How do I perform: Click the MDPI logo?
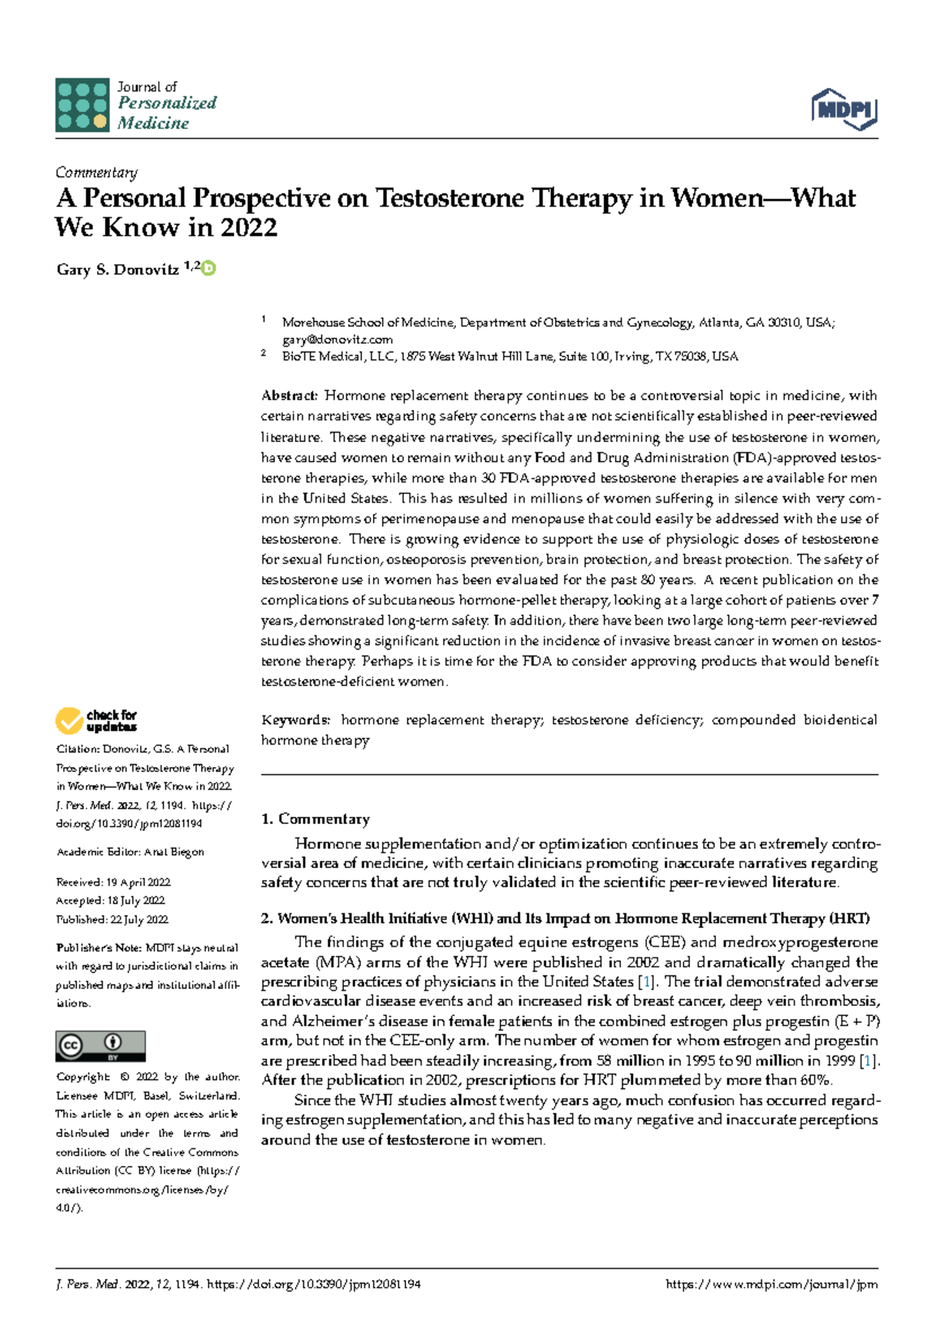pyautogui.click(x=844, y=109)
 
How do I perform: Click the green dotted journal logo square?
pyautogui.click(x=82, y=105)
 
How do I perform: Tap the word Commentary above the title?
pyautogui.click(x=97, y=173)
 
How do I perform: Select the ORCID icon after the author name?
pyautogui.click(x=209, y=268)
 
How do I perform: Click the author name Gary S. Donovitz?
pyautogui.click(x=118, y=270)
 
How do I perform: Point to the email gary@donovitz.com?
pyautogui.click(x=337, y=339)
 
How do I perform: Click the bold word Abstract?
pyautogui.click(x=289, y=396)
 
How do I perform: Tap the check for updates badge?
pyautogui.click(x=97, y=720)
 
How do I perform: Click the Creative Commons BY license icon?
pyautogui.click(x=100, y=1046)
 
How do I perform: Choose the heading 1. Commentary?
pyautogui.click(x=315, y=818)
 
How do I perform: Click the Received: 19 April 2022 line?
pyautogui.click(x=114, y=882)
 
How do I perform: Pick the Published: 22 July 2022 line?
pyautogui.click(x=112, y=920)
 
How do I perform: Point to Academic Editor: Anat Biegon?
pyautogui.click(x=130, y=852)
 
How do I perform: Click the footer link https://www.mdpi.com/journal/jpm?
pyautogui.click(x=771, y=1284)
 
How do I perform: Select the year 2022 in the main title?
pyautogui.click(x=248, y=228)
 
